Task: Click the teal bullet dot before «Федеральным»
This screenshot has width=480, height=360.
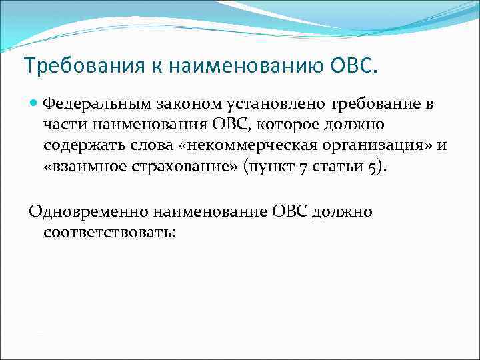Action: (34, 104)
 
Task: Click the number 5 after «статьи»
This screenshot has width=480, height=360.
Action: (370, 167)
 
